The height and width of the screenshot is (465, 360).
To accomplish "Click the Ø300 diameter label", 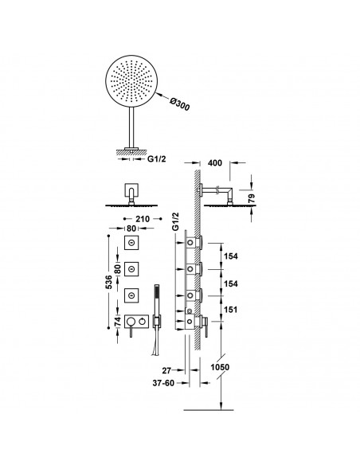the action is pos(180,104).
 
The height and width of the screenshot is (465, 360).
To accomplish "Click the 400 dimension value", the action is pos(215,162).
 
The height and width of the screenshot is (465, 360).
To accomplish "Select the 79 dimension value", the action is pos(251,198).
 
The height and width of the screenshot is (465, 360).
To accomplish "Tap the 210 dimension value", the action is pos(143,219).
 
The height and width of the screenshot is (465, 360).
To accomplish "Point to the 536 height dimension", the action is pos(109,282).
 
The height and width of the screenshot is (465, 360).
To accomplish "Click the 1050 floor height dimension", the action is pos(220,367).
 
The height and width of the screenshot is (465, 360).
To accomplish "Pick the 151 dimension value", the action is pos(231,310).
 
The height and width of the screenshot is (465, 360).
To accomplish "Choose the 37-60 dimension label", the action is pos(163,383).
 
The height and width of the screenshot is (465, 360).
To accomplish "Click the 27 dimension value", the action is pos(166,370).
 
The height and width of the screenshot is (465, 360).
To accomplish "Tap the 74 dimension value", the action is pos(118,322).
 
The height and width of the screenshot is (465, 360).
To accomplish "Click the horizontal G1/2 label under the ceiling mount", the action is pos(157,159).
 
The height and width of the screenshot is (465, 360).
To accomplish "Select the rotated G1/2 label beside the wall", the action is pos(176,221).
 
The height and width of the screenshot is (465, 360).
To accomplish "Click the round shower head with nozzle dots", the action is pos(131,81).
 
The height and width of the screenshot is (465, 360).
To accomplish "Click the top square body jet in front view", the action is pos(131,243).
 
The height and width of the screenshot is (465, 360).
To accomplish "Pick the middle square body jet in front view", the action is pos(131,269).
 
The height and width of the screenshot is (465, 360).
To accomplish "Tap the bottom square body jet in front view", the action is pos(131,295).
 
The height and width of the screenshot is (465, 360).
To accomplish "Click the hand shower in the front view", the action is pos(157,320).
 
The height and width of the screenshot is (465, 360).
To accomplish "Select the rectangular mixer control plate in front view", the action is pos(136,321).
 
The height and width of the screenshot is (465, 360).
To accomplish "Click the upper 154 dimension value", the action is pos(231,256).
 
